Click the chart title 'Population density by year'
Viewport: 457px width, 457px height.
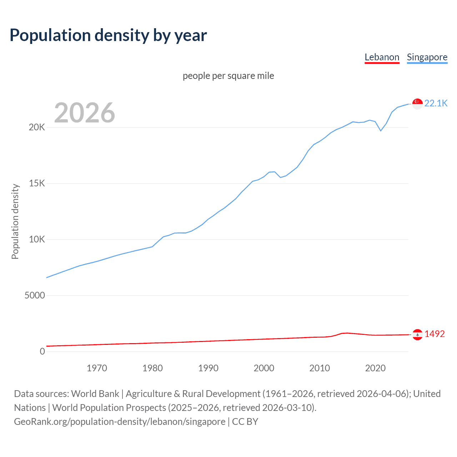click(108, 35)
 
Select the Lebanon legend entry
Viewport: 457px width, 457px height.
click(382, 57)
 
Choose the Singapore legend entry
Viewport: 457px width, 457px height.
click(427, 57)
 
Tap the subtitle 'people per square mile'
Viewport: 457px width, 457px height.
click(228, 76)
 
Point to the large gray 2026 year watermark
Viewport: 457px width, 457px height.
click(85, 113)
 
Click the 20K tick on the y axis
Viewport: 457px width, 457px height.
click(37, 127)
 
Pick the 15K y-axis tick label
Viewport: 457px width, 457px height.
click(37, 184)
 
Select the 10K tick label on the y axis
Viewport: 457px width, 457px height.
click(37, 240)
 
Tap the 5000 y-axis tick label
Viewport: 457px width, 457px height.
click(35, 296)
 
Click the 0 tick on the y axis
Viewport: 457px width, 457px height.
click(42, 352)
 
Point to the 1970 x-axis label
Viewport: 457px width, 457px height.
click(97, 368)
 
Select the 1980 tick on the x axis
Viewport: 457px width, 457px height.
click(152, 368)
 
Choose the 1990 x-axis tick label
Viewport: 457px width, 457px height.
click(208, 368)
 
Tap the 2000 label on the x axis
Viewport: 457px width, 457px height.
click(264, 368)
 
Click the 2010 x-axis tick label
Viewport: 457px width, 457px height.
click(320, 368)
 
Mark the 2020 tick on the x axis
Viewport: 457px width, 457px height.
click(375, 368)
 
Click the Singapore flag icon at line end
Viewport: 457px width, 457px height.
click(417, 104)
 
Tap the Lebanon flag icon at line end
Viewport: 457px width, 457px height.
click(417, 335)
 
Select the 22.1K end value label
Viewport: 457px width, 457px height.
click(436, 103)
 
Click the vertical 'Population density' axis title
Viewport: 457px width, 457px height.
click(15, 221)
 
